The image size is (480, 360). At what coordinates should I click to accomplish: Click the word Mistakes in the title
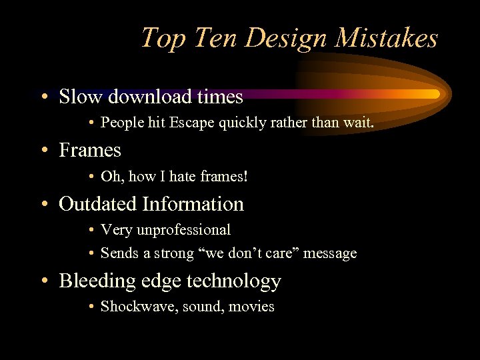click(386, 38)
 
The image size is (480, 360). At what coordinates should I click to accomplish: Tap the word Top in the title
click(159, 38)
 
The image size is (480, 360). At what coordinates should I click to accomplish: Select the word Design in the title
click(288, 38)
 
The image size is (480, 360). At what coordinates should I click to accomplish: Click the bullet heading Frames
click(90, 151)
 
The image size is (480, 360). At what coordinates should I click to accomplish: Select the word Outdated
click(99, 204)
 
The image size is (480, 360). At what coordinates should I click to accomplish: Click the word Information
click(193, 204)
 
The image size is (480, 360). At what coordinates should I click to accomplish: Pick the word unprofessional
click(183, 230)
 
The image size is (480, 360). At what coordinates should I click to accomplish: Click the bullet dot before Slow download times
click(43, 98)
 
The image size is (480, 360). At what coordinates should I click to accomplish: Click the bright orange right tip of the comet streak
click(435, 94)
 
